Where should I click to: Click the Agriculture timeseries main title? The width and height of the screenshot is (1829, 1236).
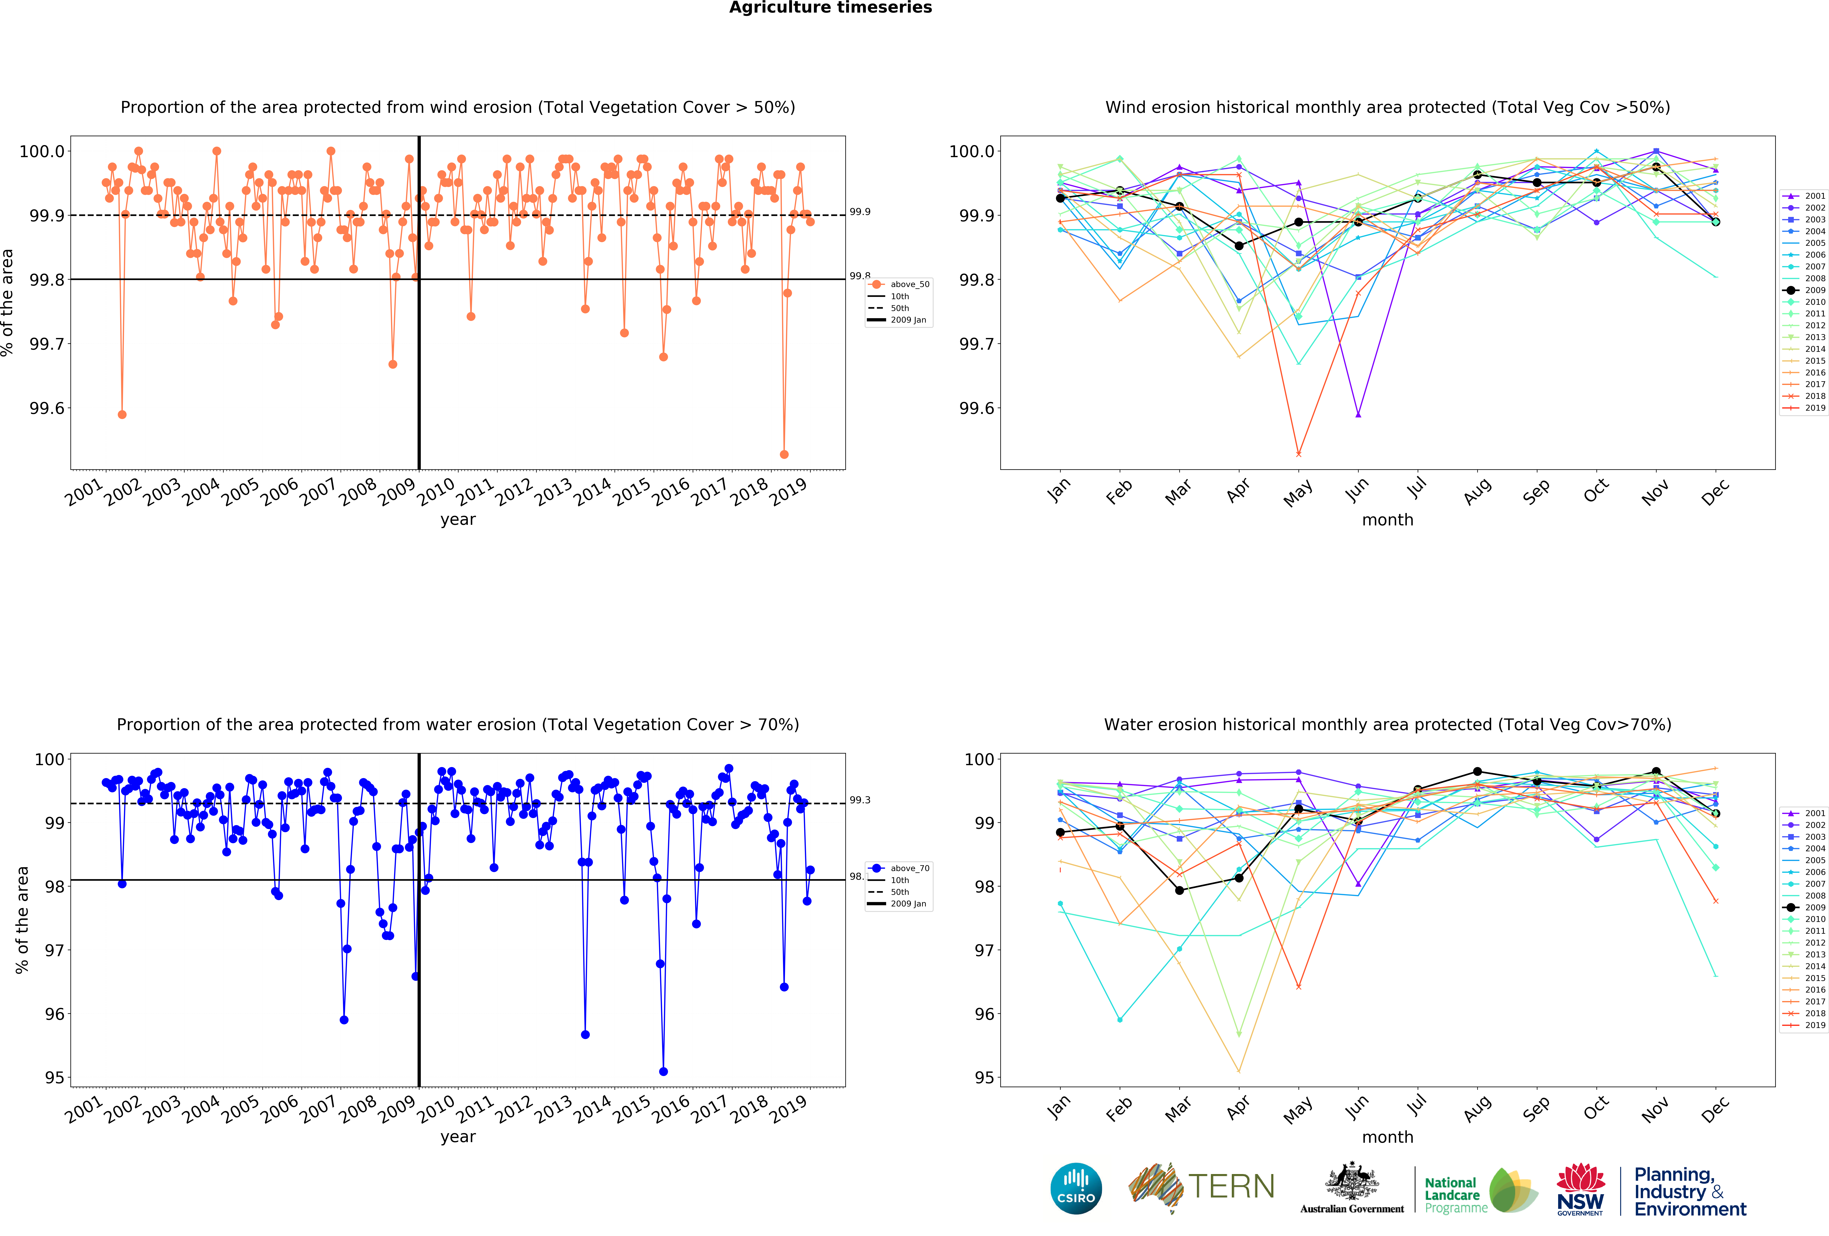830,8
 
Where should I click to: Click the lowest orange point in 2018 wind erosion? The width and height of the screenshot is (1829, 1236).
784,454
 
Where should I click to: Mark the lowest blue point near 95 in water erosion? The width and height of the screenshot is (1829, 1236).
663,1072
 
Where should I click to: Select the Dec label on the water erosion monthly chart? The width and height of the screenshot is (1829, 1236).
1715,1110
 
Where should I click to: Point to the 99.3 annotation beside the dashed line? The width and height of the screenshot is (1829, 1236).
859,800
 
